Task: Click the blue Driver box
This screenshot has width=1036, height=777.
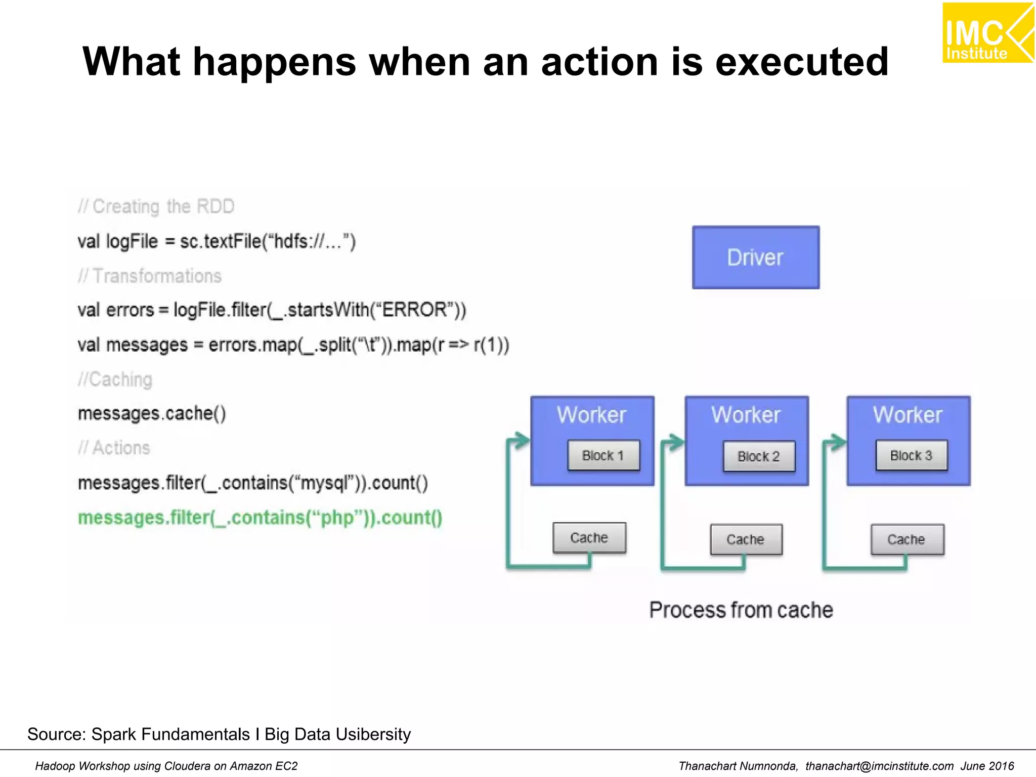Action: (x=755, y=257)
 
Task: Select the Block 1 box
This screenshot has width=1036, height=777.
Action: (x=603, y=455)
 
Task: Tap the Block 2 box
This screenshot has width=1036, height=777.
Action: (x=758, y=456)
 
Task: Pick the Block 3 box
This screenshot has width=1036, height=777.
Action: (x=911, y=455)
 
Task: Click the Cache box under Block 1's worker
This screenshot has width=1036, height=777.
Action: (x=589, y=538)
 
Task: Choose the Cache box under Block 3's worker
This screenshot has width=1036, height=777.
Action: (x=906, y=539)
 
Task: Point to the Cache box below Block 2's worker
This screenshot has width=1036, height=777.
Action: (x=746, y=539)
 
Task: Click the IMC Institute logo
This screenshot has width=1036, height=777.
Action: (x=987, y=33)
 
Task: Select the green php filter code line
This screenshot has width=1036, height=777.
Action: (x=260, y=517)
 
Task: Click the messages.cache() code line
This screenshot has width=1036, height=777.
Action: (x=152, y=413)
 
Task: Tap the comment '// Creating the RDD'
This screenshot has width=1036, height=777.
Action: (x=156, y=206)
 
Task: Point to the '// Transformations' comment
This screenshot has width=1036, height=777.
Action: (x=150, y=276)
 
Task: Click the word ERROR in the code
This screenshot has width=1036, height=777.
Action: (x=414, y=309)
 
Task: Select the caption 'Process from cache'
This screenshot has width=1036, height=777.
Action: (x=741, y=610)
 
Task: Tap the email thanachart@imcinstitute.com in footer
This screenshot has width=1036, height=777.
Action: (x=879, y=766)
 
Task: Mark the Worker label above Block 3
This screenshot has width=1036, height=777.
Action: (x=908, y=415)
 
